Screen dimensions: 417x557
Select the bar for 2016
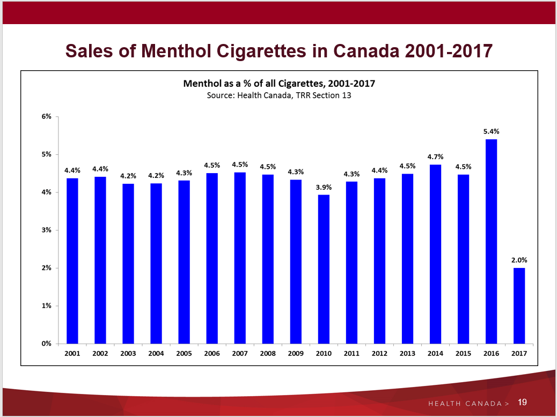tap(491, 241)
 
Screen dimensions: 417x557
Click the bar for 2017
tap(519, 306)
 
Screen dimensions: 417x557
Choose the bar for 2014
tap(435, 254)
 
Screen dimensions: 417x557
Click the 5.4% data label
tap(492, 131)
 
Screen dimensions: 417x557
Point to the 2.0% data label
tap(519, 259)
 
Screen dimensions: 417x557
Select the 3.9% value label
tap(324, 187)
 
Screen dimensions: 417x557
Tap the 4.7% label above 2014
tap(435, 157)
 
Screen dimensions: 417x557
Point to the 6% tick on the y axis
tap(47, 116)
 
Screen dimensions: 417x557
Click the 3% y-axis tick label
tap(47, 230)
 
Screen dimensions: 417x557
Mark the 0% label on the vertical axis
tap(47, 344)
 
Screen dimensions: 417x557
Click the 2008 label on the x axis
tap(268, 354)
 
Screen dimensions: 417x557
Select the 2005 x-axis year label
tap(184, 354)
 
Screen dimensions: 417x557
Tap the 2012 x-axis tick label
tap(379, 354)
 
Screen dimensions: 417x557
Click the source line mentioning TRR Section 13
tap(279, 95)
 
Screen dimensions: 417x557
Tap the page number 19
tap(523, 402)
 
